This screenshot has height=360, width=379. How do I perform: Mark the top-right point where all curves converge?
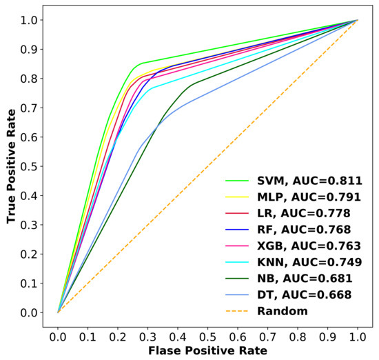click(x=357, y=20)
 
